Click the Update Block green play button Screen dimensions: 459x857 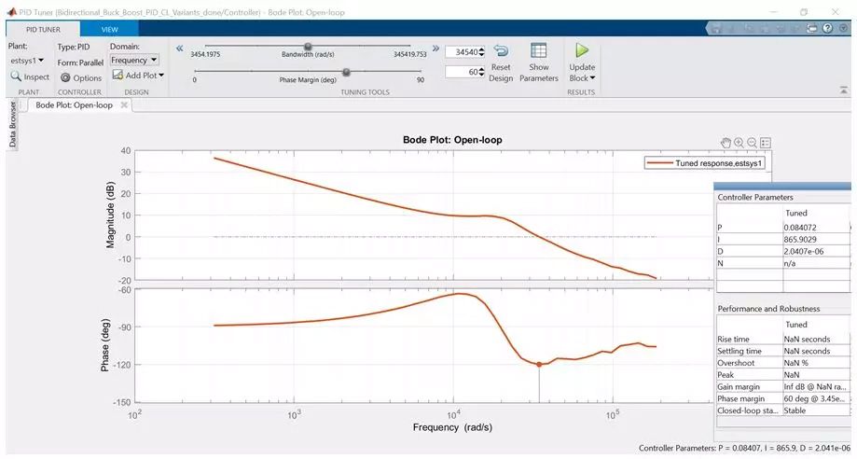click(583, 51)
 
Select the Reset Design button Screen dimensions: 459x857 click(501, 62)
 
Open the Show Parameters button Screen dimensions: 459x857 click(538, 62)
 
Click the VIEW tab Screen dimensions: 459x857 click(109, 30)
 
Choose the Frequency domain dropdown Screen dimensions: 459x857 click(134, 60)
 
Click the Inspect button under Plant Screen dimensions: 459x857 click(30, 77)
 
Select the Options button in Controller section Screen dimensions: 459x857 click(80, 77)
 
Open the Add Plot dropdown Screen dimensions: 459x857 click(138, 76)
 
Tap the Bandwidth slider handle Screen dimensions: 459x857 click(308, 47)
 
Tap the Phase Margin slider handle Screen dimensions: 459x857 click(346, 72)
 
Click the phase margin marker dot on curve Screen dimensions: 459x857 click(539, 365)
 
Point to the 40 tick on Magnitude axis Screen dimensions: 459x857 click(125, 151)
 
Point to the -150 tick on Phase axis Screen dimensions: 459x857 click(121, 402)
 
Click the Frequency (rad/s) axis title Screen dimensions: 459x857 click(452, 427)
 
